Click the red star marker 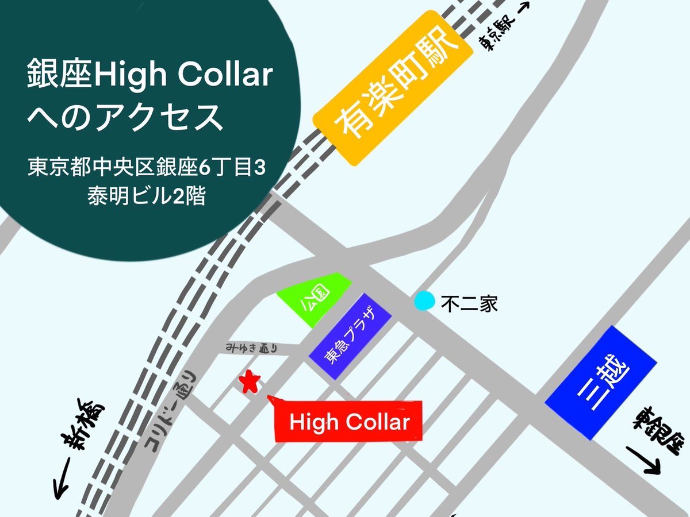(x=250, y=382)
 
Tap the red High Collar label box (x=349, y=422)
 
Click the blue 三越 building (x=601, y=383)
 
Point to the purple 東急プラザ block (x=350, y=336)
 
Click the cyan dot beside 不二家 (x=425, y=300)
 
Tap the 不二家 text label (x=469, y=303)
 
